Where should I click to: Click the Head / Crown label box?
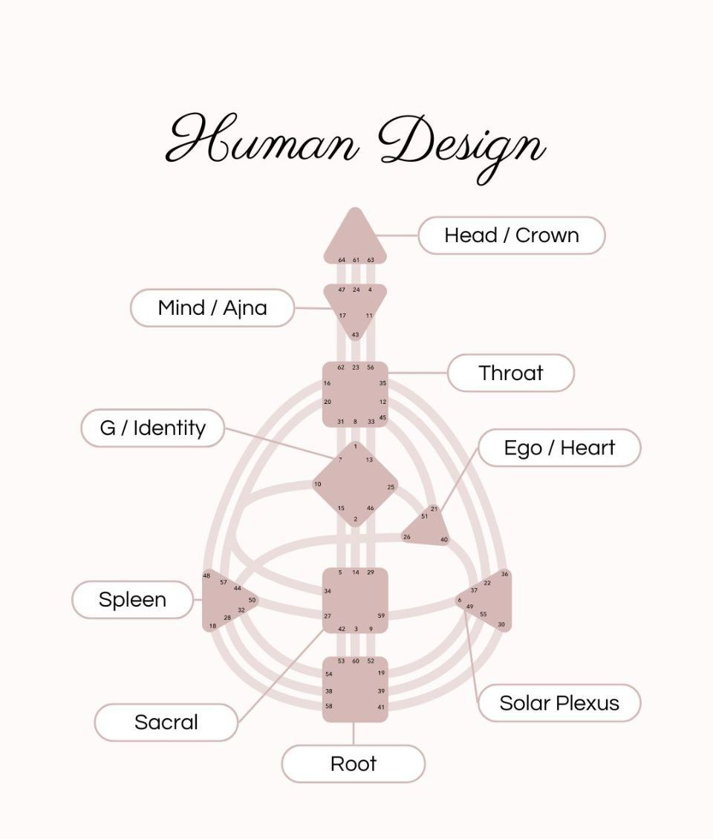click(511, 235)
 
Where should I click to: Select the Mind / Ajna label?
click(212, 307)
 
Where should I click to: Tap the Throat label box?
click(510, 373)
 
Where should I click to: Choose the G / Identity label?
click(152, 428)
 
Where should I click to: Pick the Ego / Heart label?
click(559, 448)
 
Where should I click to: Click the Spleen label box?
click(132, 600)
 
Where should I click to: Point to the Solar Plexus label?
click(559, 702)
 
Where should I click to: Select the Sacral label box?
click(166, 722)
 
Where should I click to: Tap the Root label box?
click(353, 763)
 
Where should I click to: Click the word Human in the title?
click(264, 140)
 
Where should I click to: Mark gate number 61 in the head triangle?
click(356, 261)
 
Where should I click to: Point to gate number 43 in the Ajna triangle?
click(355, 335)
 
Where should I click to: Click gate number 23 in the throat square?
click(356, 368)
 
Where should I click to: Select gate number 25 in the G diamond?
click(391, 487)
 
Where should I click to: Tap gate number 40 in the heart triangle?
click(444, 540)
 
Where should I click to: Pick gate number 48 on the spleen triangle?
click(206, 576)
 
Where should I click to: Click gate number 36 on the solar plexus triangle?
click(505, 574)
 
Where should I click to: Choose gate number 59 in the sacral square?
click(381, 616)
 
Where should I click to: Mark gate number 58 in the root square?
click(329, 706)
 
